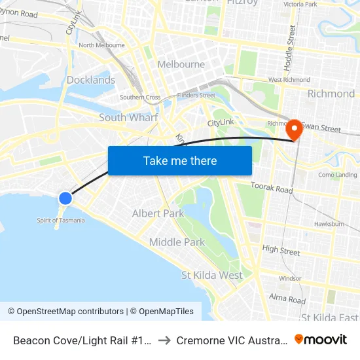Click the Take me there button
(180, 160)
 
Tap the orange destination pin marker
(294, 129)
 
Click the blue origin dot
(65, 198)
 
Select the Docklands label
(91, 80)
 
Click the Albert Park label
(158, 213)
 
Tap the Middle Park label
(177, 242)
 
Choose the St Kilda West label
(211, 276)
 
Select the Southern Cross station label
(140, 98)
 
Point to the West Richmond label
(289, 80)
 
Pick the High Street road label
(281, 249)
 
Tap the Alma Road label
(287, 300)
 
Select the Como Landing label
(338, 175)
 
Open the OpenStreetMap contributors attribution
(65, 312)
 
